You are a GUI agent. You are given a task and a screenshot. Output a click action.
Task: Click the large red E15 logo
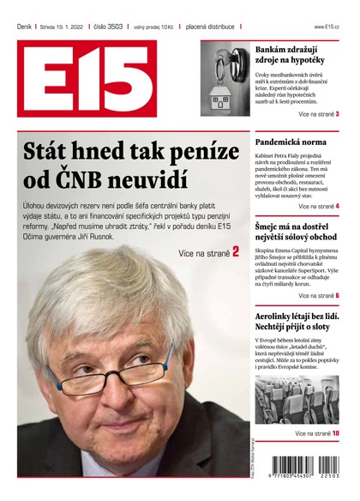click(x=87, y=78)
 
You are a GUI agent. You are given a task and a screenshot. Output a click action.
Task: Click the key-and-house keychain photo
click(x=225, y=79)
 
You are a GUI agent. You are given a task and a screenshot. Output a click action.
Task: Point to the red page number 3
click(x=337, y=113)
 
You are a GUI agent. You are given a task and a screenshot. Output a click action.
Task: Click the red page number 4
click(x=337, y=207)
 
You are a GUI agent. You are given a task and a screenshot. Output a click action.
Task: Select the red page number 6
click(x=337, y=295)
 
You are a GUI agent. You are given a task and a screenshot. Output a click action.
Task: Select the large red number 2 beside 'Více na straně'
click(x=235, y=251)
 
